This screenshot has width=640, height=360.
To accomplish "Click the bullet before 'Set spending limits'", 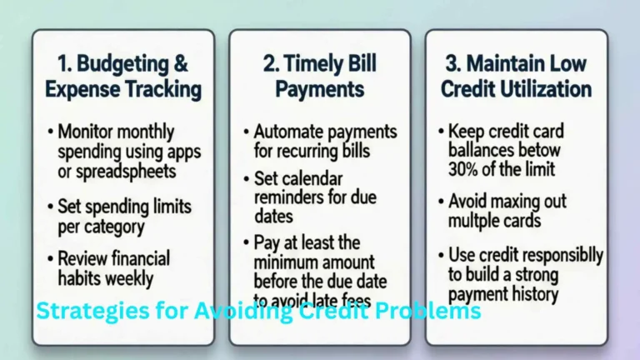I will click(x=50, y=205).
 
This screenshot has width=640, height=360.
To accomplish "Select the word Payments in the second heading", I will click(x=320, y=88).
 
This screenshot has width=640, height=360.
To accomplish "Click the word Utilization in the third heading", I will click(x=543, y=88).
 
